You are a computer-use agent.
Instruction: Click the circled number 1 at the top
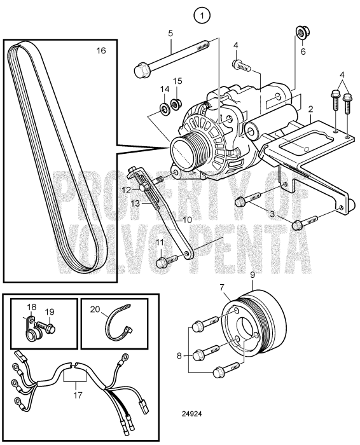202,16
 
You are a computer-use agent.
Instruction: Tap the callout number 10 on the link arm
188,219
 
